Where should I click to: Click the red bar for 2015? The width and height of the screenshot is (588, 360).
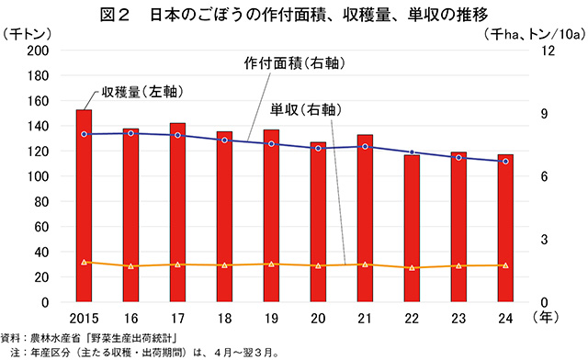84,207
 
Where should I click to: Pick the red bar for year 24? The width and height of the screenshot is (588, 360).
505,230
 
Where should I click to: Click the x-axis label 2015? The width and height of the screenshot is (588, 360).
84,319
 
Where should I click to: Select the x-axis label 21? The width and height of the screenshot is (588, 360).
365,319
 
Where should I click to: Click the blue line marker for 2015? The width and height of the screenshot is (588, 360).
84,134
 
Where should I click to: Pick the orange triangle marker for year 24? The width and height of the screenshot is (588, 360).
505,265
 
